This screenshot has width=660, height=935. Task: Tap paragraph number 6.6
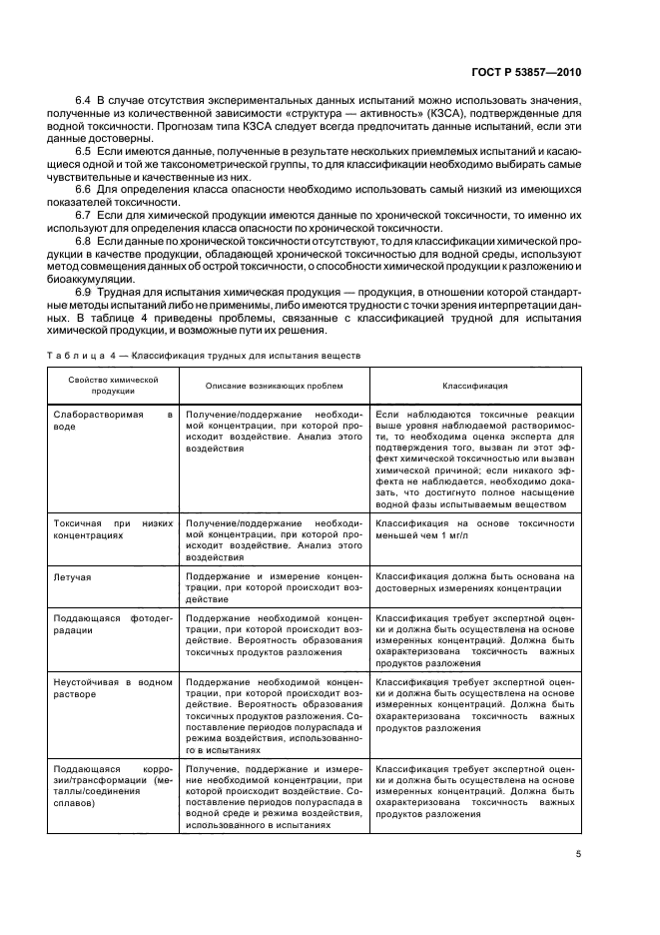84,189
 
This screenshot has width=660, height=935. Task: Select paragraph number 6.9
84,292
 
